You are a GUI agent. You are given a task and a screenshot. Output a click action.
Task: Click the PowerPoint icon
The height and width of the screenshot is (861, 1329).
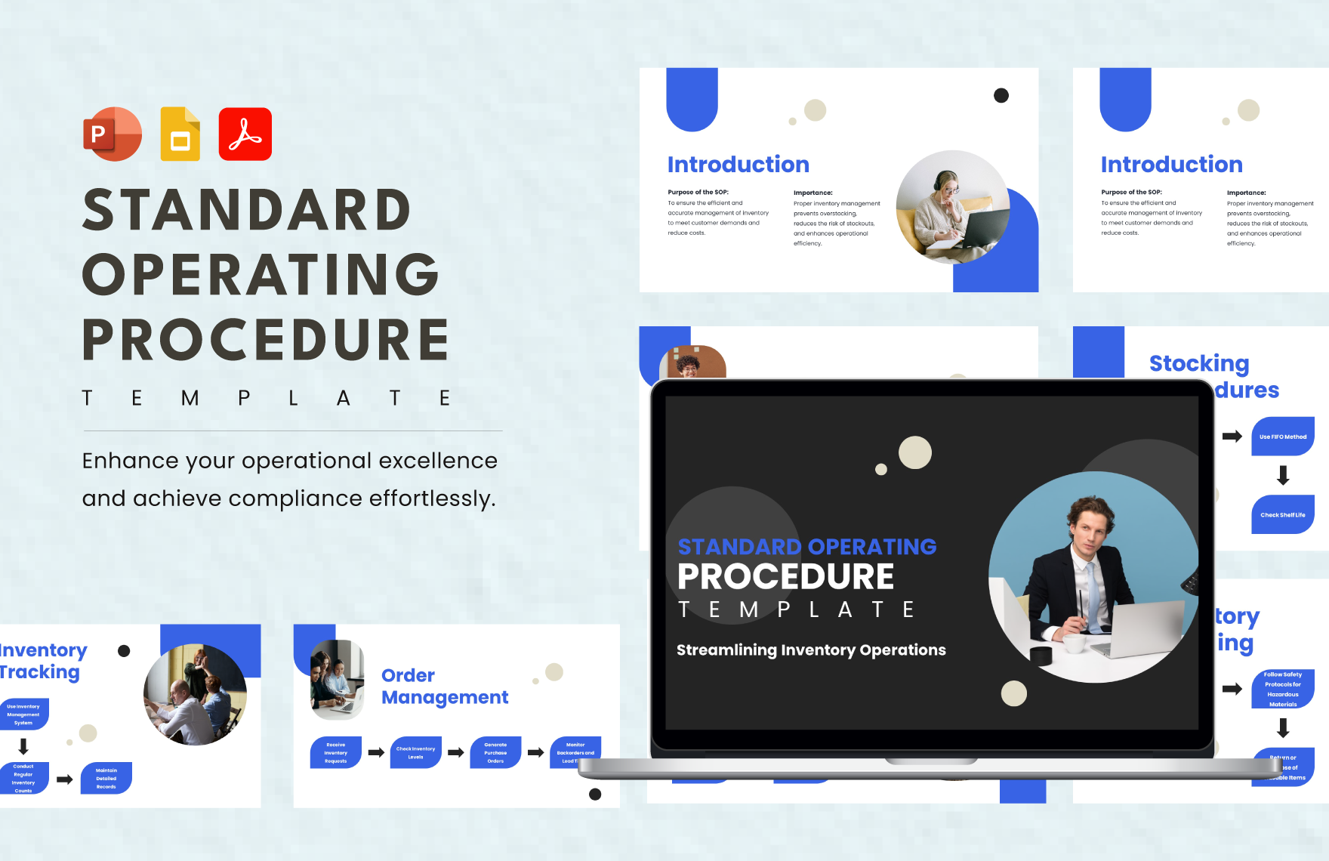[112, 134]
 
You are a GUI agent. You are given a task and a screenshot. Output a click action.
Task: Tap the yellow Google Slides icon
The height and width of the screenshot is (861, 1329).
[180, 134]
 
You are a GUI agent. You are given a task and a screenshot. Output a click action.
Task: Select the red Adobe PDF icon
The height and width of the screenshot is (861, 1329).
[245, 134]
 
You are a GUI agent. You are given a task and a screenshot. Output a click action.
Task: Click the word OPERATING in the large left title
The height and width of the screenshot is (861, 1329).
[261, 274]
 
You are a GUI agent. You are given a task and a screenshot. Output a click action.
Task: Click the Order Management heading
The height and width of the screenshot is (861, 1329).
[444, 686]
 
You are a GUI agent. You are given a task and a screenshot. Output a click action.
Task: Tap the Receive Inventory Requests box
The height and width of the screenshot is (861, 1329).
[336, 752]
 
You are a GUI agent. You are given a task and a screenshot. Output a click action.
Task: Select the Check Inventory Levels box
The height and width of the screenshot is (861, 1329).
[415, 752]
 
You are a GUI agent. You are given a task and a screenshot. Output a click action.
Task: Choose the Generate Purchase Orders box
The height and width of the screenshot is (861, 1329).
[495, 752]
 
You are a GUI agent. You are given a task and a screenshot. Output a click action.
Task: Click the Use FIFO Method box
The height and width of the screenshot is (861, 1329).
[1282, 437]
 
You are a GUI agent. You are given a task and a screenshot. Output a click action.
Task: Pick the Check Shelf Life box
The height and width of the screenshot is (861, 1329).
[1282, 514]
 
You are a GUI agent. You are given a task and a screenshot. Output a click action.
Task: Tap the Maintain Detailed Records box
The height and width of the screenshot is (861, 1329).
[106, 778]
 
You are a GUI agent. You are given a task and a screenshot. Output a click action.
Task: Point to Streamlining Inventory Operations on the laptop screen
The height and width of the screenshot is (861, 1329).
[810, 650]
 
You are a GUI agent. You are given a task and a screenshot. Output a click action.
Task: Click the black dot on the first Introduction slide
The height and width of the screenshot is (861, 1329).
[1001, 95]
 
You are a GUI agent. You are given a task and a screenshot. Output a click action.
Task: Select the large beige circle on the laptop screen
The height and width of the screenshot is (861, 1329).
[915, 452]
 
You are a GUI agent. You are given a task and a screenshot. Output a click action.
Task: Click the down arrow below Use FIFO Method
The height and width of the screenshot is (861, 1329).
[1282, 475]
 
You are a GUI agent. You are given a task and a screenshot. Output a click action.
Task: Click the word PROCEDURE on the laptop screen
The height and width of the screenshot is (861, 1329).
[785, 577]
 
